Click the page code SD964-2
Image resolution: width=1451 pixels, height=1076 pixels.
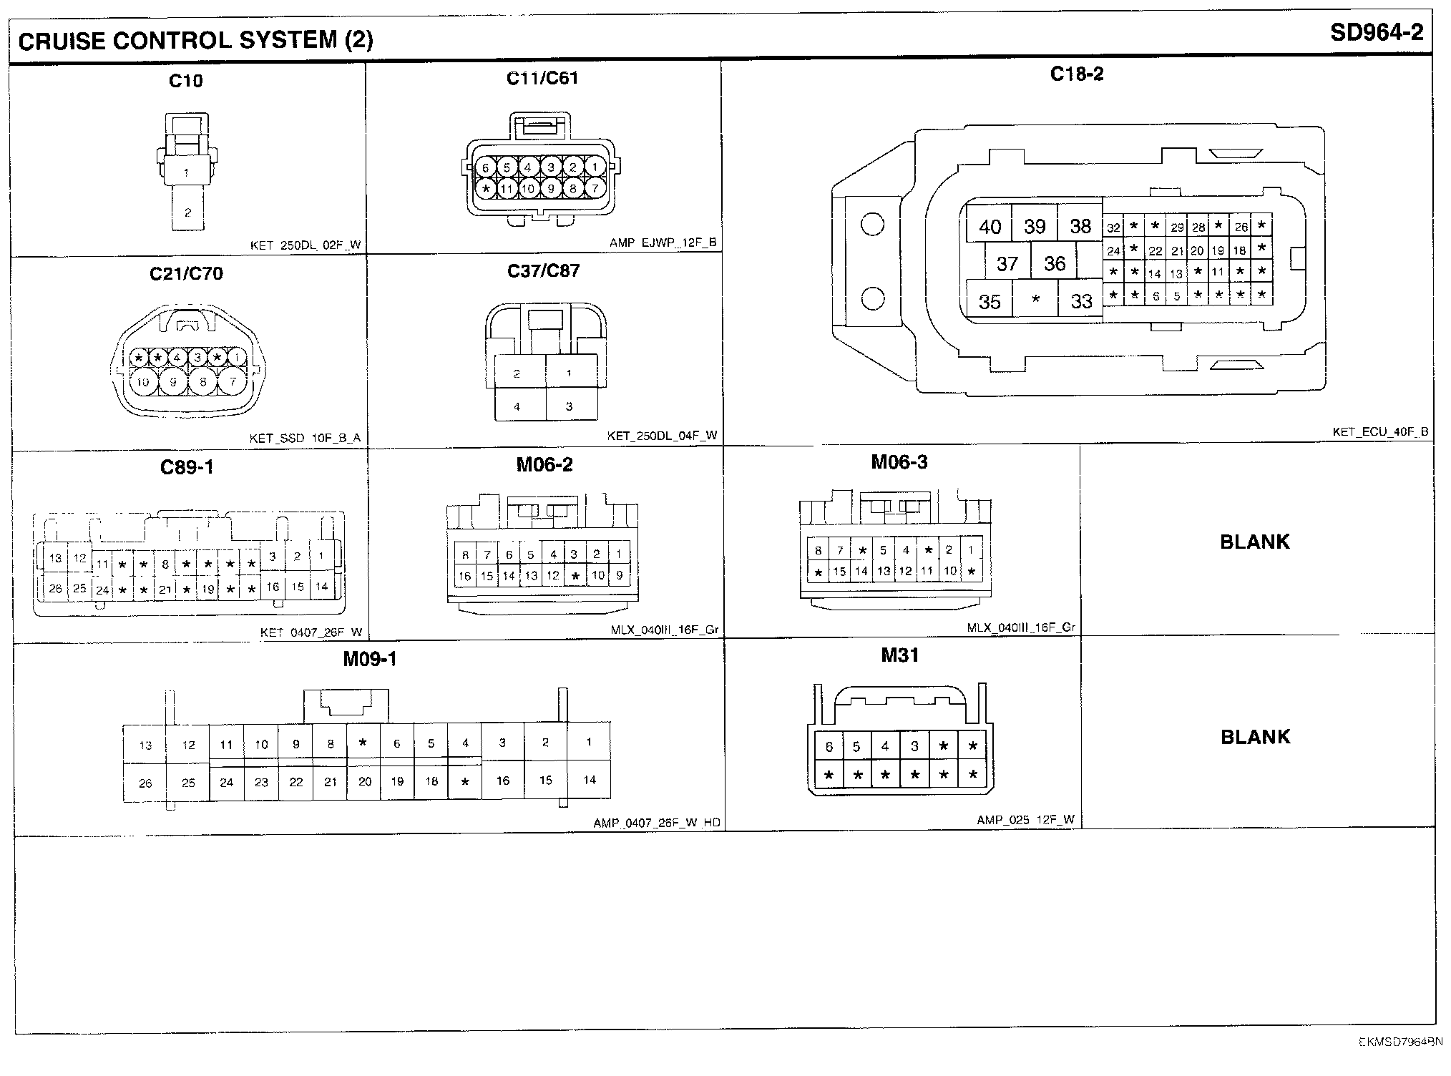[x=1376, y=34]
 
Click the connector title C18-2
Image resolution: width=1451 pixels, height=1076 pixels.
[x=1076, y=74]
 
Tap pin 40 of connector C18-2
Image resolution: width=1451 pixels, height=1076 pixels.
[x=990, y=227]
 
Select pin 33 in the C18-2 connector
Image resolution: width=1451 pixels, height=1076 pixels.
[x=1081, y=301]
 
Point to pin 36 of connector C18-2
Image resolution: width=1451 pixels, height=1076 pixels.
[x=1055, y=263]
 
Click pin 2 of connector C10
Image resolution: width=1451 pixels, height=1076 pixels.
[x=187, y=212]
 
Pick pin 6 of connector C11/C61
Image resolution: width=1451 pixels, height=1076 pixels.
[x=485, y=168]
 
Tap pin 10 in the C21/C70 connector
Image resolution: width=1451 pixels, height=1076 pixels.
[x=143, y=382]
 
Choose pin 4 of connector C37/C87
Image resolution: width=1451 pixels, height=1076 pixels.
[x=517, y=406]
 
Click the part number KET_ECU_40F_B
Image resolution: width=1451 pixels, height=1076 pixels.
[x=1380, y=432]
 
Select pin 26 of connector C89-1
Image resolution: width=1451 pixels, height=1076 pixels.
[x=55, y=589]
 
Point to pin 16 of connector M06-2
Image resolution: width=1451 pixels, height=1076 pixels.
[x=465, y=576]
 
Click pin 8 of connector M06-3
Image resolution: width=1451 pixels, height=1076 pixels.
[x=818, y=551]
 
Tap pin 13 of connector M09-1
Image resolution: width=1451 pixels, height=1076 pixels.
[x=145, y=745]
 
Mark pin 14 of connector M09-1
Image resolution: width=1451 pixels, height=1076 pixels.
[x=589, y=780]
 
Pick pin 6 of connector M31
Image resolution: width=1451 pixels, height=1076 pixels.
[x=829, y=747]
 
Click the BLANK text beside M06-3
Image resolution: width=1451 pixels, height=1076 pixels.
[x=1254, y=542]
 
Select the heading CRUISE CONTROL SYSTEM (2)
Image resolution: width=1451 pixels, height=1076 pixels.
[x=195, y=40]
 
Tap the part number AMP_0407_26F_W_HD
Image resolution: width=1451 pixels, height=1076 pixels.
[x=656, y=823]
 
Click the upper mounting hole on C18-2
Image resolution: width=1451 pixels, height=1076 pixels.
[x=872, y=225]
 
